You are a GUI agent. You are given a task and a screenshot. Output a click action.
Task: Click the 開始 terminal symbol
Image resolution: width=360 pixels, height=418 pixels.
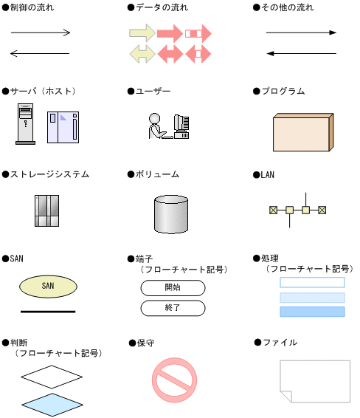173,288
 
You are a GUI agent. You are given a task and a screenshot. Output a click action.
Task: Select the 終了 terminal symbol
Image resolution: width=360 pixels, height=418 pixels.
173,308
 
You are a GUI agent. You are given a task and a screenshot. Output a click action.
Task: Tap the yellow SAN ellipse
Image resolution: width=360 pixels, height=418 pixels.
48,287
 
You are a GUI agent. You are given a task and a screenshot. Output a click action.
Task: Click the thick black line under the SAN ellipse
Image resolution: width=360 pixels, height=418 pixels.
48,312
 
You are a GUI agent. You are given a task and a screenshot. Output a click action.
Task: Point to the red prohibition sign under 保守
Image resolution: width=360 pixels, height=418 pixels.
174,380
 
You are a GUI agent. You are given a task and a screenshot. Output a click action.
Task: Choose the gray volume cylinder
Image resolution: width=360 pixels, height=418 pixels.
171,214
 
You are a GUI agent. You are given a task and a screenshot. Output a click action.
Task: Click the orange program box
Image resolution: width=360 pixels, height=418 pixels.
303,132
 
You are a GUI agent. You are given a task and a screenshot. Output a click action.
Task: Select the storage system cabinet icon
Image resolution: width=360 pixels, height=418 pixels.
47,210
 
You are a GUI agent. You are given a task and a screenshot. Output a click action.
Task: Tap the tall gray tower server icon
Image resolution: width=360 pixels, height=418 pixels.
26,124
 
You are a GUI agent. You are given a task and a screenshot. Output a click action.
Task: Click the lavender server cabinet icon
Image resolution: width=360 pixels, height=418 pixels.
63,128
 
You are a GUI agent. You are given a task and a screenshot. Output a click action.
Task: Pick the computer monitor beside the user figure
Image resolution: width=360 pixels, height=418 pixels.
181,126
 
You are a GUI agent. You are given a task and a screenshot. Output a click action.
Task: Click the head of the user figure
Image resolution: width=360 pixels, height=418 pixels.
154,118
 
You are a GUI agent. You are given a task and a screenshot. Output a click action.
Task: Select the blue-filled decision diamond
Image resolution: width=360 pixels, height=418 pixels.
52,405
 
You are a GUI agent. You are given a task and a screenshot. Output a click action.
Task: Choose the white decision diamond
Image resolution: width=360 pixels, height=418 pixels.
52,377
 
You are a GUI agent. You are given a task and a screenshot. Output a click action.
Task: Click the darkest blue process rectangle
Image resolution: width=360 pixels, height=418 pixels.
312,312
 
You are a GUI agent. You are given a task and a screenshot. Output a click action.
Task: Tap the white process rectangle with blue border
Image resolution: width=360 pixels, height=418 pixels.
312,282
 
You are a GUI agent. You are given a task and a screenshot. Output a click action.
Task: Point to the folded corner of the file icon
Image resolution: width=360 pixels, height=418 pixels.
286,397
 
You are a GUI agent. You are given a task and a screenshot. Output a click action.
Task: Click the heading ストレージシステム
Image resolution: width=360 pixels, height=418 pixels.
49,174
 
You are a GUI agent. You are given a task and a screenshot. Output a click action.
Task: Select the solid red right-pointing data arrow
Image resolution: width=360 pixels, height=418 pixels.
170,33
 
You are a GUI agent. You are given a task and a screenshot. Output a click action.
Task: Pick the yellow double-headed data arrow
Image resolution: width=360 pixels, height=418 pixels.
142,54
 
